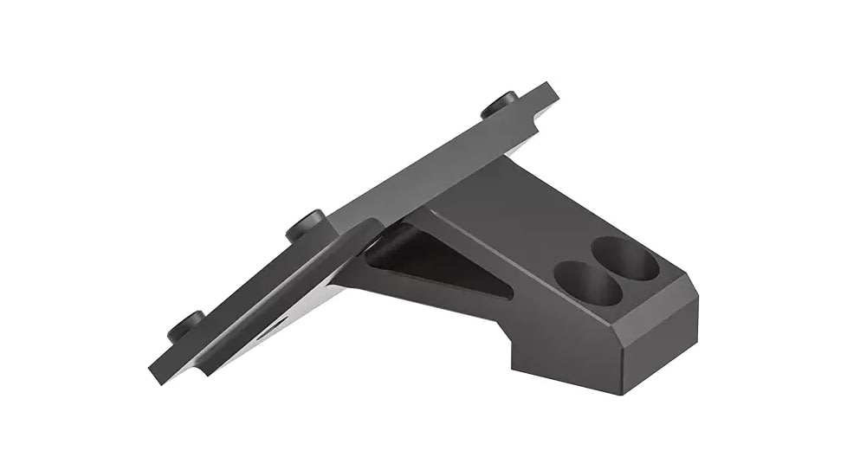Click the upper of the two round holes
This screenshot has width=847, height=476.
click(x=625, y=258)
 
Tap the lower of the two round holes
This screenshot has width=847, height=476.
click(x=587, y=283)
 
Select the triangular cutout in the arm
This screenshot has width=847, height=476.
click(x=433, y=264)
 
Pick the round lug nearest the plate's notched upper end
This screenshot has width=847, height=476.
click(x=501, y=104)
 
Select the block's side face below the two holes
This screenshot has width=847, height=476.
click(x=572, y=338)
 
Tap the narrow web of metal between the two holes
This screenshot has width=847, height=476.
click(x=606, y=270)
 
